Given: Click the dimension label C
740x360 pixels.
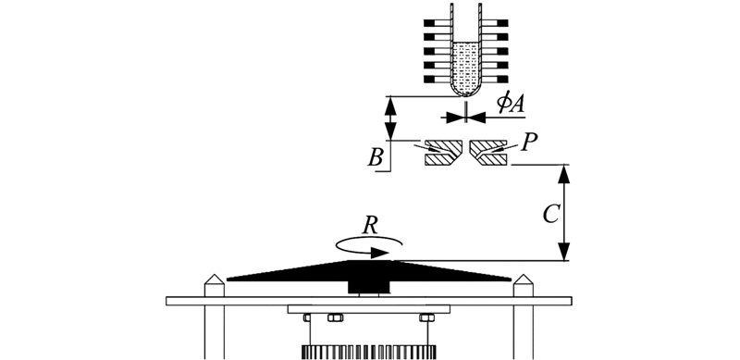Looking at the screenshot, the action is tap(550, 215).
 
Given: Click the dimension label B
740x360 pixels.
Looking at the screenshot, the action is tap(375, 158).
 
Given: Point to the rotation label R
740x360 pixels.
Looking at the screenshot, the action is tap(370, 227).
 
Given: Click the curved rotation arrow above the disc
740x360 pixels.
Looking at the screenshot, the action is tap(368, 247).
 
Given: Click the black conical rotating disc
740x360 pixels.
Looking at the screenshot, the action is tap(368, 271).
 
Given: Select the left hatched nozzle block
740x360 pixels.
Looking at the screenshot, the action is tap(444, 153).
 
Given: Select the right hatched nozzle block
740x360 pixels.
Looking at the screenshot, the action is tap(488, 153).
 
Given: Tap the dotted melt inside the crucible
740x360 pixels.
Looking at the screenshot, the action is tap(466, 68).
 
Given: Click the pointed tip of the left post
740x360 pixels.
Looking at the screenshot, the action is tap(215, 275).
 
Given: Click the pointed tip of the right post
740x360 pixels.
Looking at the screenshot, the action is tap(523, 275).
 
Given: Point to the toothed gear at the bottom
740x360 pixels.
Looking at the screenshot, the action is tap(368, 352).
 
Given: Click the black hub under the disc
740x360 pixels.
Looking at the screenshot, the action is tap(368, 287).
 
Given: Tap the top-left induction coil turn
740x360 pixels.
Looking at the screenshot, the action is tap(438, 23).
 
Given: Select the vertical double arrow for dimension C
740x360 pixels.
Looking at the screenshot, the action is tap(564, 213).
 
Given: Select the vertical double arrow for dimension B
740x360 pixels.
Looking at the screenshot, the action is tap(390, 118).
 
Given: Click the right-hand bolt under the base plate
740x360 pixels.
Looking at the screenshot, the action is tap(426, 318).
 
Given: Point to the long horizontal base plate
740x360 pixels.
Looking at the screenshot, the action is tap(368, 301).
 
